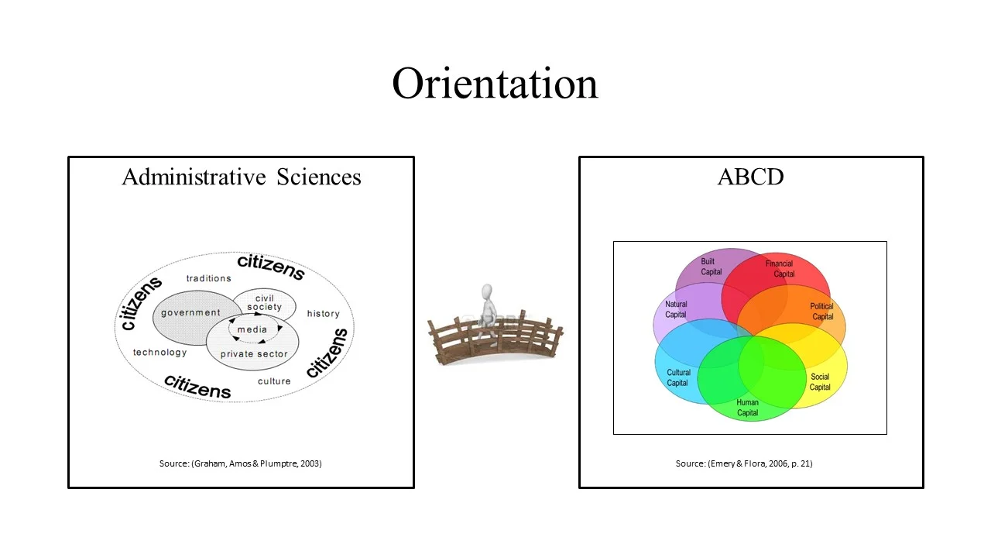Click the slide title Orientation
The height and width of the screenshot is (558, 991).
coord(495,83)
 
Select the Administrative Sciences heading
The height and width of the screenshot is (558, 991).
coord(241,177)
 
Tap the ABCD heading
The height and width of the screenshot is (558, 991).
coord(750,177)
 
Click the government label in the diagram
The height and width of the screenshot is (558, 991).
coord(190,312)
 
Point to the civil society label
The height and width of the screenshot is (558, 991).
coord(264,303)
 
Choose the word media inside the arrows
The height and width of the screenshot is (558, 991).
coord(252,329)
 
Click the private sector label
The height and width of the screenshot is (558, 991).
coord(253,354)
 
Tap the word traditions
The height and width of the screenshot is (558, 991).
coord(208,278)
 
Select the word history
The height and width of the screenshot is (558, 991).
coord(323,314)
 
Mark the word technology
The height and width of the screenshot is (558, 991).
coord(159,353)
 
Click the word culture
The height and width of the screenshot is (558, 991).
coord(274,381)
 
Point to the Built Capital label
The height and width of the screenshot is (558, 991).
coord(711,267)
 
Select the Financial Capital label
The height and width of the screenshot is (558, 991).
coord(780,269)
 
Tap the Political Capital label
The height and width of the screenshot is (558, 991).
coord(821,312)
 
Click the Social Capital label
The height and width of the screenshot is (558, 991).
coord(820,382)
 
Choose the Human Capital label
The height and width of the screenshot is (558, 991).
coord(747,408)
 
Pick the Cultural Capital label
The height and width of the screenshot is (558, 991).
coord(678,377)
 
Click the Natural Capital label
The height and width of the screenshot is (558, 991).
coord(676,309)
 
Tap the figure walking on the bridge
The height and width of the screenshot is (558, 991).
coord(487,305)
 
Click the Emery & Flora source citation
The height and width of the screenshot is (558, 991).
coord(743,463)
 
